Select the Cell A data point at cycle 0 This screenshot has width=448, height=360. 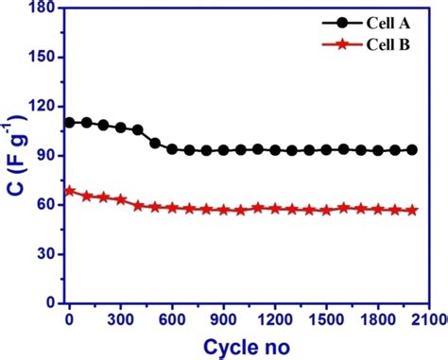click(x=69, y=123)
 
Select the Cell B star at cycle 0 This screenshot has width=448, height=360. click(x=69, y=191)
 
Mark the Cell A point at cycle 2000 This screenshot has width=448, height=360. click(x=412, y=149)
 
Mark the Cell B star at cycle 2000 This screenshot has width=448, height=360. click(x=412, y=210)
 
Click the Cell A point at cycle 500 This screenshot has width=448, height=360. click(x=155, y=143)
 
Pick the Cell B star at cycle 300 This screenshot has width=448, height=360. click(x=121, y=199)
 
